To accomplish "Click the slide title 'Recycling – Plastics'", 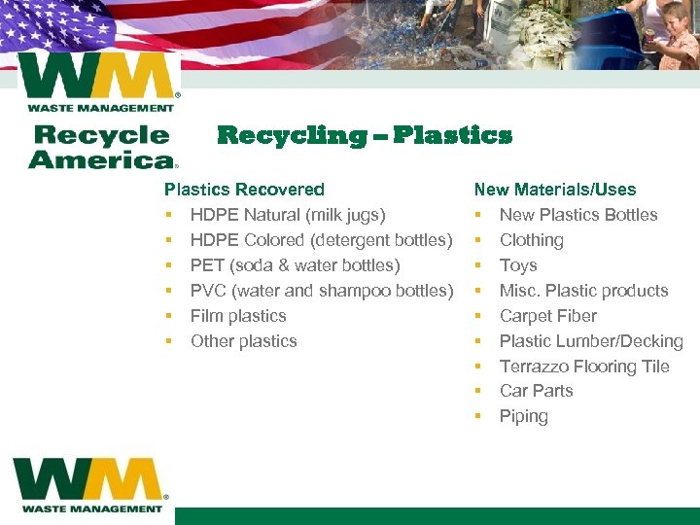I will tap(365, 135).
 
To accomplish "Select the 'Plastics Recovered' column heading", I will tap(244, 190).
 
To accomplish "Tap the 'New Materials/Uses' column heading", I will tap(555, 190).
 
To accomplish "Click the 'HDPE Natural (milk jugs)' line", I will tap(288, 215).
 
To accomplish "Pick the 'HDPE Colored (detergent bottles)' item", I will tap(322, 240).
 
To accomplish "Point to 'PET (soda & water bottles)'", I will tap(296, 265).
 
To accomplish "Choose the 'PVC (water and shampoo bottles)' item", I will tap(322, 291).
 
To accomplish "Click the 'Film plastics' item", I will tap(238, 316).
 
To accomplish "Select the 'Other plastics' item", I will tap(244, 341).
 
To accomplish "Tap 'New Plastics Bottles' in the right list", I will tap(578, 215).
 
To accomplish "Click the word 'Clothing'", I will tap(532, 240).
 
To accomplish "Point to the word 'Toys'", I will tap(518, 265).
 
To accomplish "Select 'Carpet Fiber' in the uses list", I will tap(548, 316).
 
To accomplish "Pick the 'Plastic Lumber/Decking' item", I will tap(591, 341).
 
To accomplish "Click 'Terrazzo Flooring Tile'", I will tap(584, 367).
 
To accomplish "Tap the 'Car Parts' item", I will tap(537, 391).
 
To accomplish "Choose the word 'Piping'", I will tap(524, 416).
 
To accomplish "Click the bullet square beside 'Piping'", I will tap(478, 417).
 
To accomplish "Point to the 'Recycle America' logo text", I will tap(102, 147).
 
